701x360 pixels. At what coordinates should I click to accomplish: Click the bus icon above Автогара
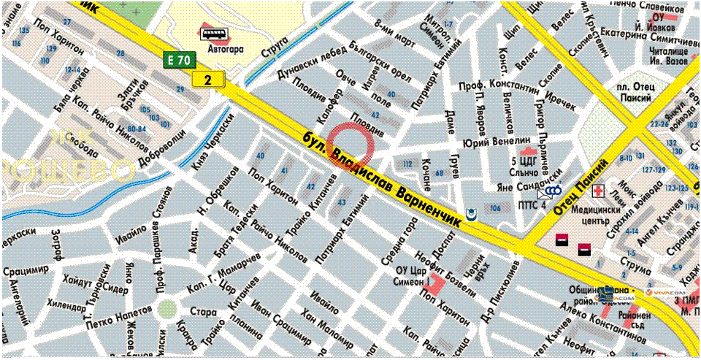click(213, 34)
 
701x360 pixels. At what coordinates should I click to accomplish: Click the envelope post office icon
click(545, 193)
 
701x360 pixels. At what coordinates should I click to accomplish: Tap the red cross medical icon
click(599, 191)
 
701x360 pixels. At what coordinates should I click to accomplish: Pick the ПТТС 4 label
click(532, 205)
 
